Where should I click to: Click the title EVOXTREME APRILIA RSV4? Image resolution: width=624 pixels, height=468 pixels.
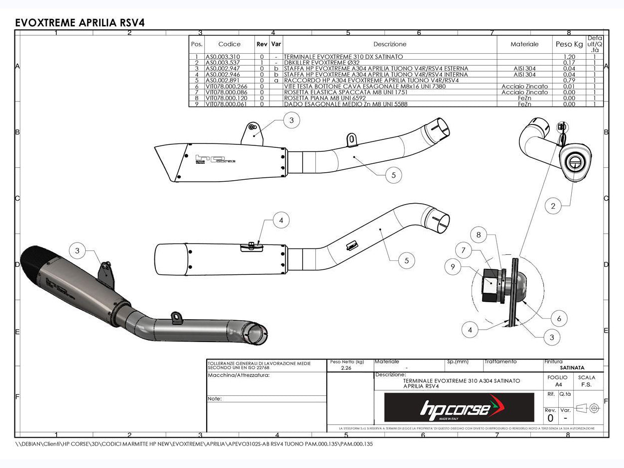[x=80, y=23]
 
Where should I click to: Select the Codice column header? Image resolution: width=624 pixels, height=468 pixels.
[x=229, y=44]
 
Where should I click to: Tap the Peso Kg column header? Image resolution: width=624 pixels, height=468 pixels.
[x=569, y=44]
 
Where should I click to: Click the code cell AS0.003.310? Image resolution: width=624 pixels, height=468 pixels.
[x=223, y=57]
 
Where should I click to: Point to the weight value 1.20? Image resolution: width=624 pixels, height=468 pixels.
[x=569, y=57]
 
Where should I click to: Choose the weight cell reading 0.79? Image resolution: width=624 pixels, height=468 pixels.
[x=569, y=80]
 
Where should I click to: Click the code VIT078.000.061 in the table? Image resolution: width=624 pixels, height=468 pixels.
[x=226, y=104]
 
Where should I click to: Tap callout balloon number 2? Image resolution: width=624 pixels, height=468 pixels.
[x=553, y=205]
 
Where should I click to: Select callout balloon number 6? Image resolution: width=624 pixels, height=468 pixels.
[x=559, y=319]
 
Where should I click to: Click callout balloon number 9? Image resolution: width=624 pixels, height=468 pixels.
[x=453, y=267]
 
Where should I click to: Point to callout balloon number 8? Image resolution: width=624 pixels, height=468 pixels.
[x=479, y=235]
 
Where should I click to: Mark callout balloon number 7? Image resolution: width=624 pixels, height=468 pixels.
[x=464, y=250]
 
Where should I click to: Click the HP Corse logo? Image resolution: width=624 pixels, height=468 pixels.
[x=459, y=408]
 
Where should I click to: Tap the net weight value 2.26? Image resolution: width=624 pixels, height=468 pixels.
[x=346, y=368]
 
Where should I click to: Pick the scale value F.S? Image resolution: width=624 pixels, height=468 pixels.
[x=586, y=384]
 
